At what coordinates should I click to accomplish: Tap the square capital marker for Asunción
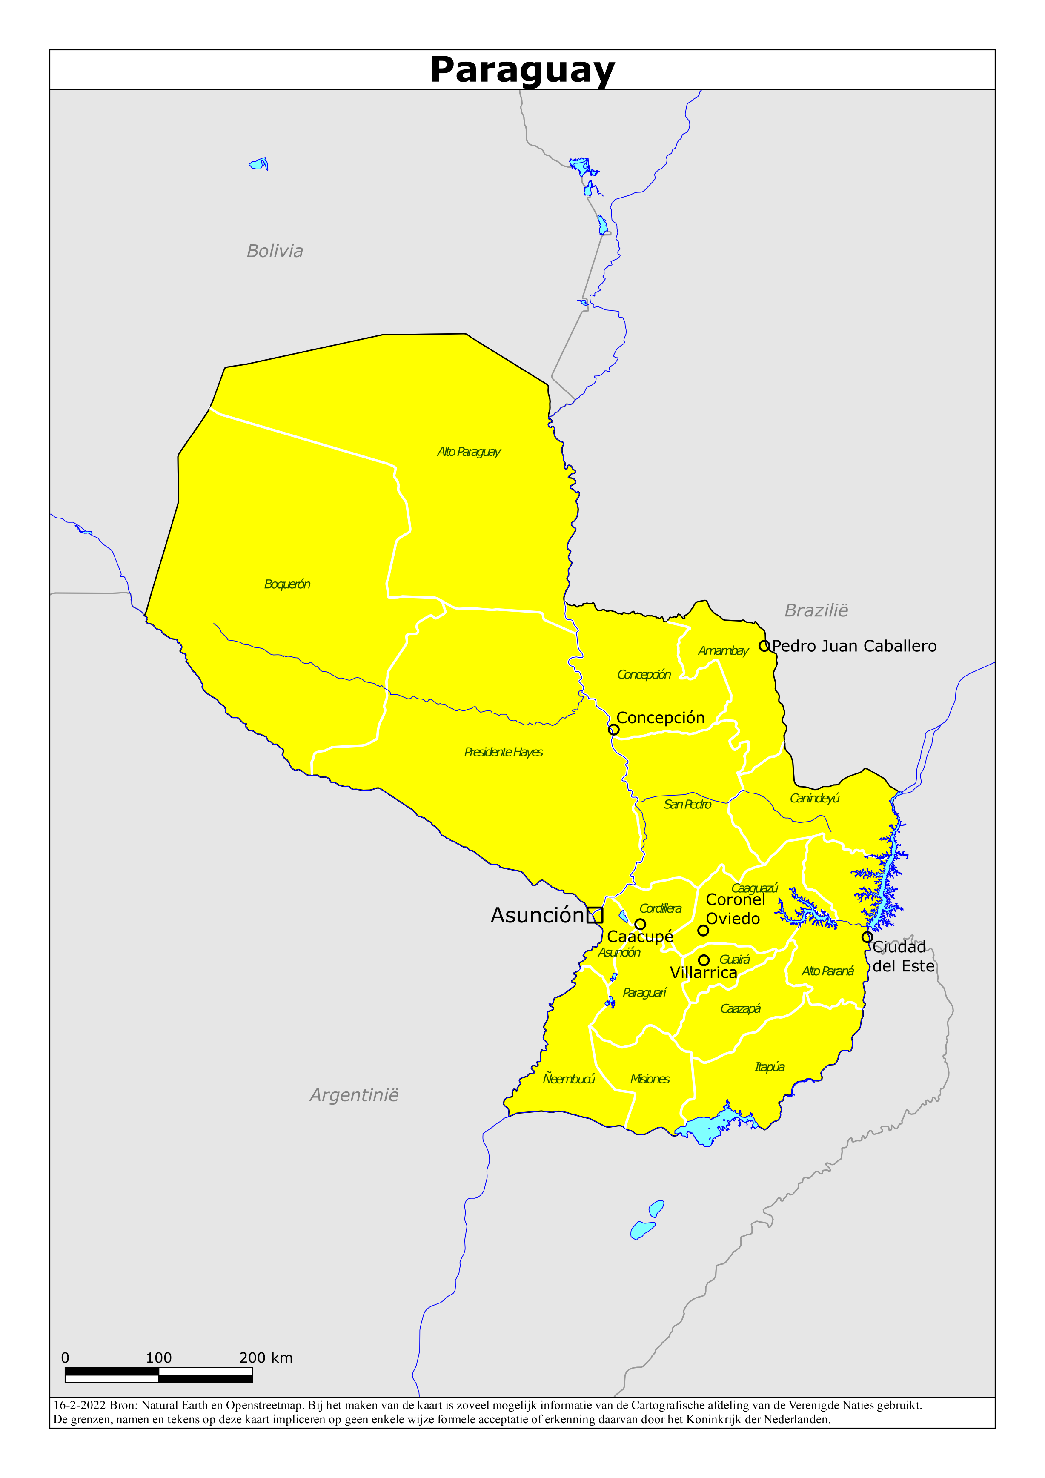pos(595,915)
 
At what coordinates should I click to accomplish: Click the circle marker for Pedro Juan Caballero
pos(764,646)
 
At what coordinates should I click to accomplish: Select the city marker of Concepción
pos(614,729)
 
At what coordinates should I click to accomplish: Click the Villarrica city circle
pos(704,960)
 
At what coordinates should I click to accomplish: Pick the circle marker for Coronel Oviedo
pos(703,930)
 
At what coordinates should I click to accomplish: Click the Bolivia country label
pos(275,251)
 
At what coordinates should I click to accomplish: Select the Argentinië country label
pos(354,1095)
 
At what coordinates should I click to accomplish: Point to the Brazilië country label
pos(816,610)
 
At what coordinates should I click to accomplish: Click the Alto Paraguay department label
pos(468,452)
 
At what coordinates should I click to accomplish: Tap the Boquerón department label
pos(287,584)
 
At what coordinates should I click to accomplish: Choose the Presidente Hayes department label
pos(504,752)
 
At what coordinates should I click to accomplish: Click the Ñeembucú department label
pos(569,1079)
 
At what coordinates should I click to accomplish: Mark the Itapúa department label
pos(770,1067)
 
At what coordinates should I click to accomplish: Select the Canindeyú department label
pos(814,798)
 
